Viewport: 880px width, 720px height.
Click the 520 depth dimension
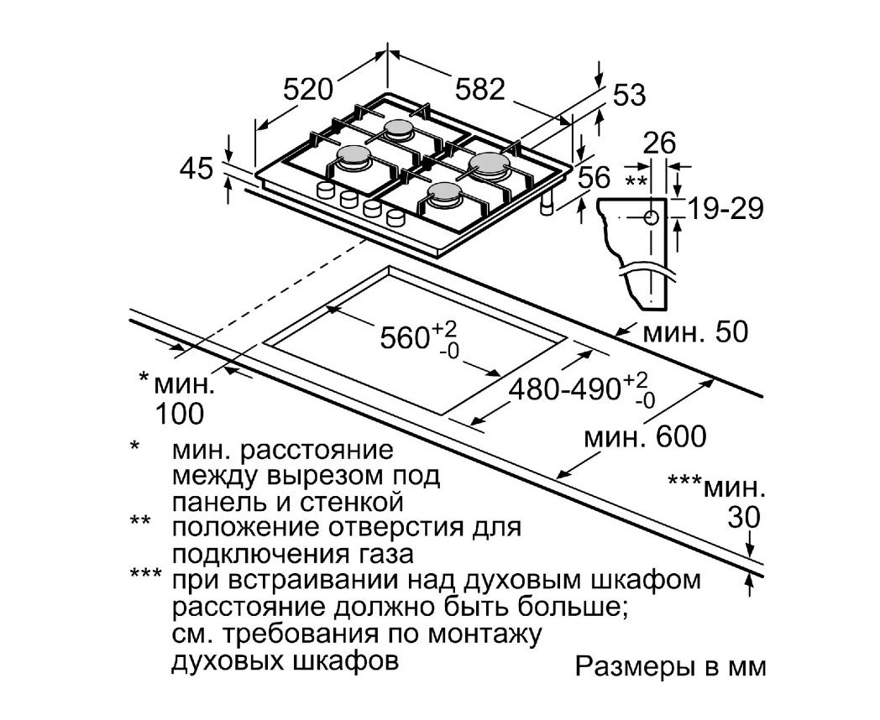pyautogui.click(x=308, y=89)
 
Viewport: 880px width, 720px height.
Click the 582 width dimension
pyautogui.click(x=479, y=89)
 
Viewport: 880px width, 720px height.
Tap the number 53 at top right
pyautogui.click(x=629, y=96)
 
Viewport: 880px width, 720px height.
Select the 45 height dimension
pyautogui.click(x=196, y=168)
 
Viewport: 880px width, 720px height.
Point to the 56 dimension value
pyautogui.click(x=593, y=178)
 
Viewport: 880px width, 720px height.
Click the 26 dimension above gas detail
pyautogui.click(x=659, y=143)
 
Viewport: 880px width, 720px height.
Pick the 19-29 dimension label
pyautogui.click(x=725, y=209)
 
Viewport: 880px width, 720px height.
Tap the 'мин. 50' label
pyautogui.click(x=695, y=332)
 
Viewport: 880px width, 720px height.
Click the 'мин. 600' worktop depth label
pyautogui.click(x=645, y=436)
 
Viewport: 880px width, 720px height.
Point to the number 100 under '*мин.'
pyautogui.click(x=179, y=414)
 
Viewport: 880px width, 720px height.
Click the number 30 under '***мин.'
pyautogui.click(x=744, y=517)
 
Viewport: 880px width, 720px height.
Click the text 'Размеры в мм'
pyautogui.click(x=671, y=666)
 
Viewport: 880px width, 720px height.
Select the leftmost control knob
pyautogui.click(x=325, y=190)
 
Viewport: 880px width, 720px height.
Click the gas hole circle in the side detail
pyautogui.click(x=651, y=217)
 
